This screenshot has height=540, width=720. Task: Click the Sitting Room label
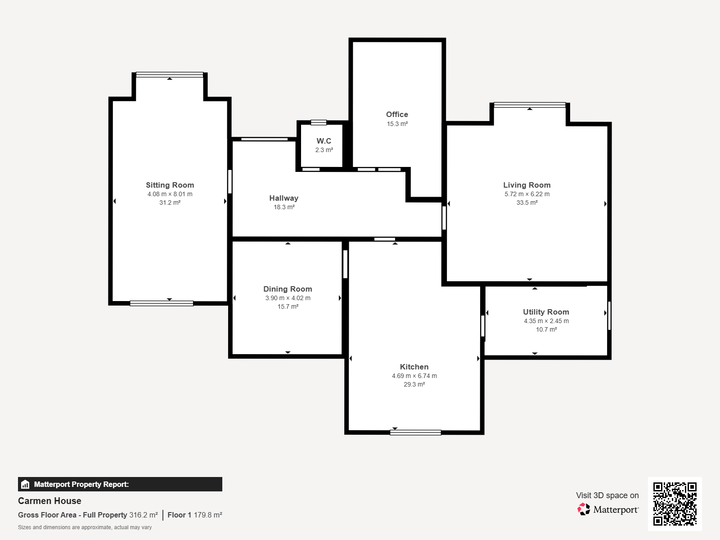[170, 185]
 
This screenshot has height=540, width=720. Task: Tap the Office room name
[397, 114]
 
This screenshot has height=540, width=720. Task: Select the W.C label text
[324, 141]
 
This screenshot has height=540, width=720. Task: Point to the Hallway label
[284, 198]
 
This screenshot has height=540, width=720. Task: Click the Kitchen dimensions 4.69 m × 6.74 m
[414, 376]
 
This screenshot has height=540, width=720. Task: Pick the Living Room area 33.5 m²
[527, 202]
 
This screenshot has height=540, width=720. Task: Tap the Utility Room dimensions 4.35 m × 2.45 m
[546, 321]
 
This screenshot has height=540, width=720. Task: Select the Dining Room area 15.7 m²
[288, 306]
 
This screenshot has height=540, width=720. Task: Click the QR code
[675, 504]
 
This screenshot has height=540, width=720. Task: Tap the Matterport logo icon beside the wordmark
[584, 509]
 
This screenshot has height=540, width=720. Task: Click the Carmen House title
[49, 501]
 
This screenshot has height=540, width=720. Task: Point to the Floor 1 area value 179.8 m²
[208, 515]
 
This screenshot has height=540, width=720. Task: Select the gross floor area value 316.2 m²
[144, 515]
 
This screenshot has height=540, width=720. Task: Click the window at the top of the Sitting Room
[170, 74]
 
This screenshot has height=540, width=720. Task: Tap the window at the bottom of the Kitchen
[415, 432]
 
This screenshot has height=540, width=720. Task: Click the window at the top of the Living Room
[530, 105]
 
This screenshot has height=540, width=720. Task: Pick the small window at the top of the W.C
[319, 122]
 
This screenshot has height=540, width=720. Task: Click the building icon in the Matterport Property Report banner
[25, 484]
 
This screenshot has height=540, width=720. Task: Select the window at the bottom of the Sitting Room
[162, 304]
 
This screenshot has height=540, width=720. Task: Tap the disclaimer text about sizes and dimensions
[85, 527]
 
